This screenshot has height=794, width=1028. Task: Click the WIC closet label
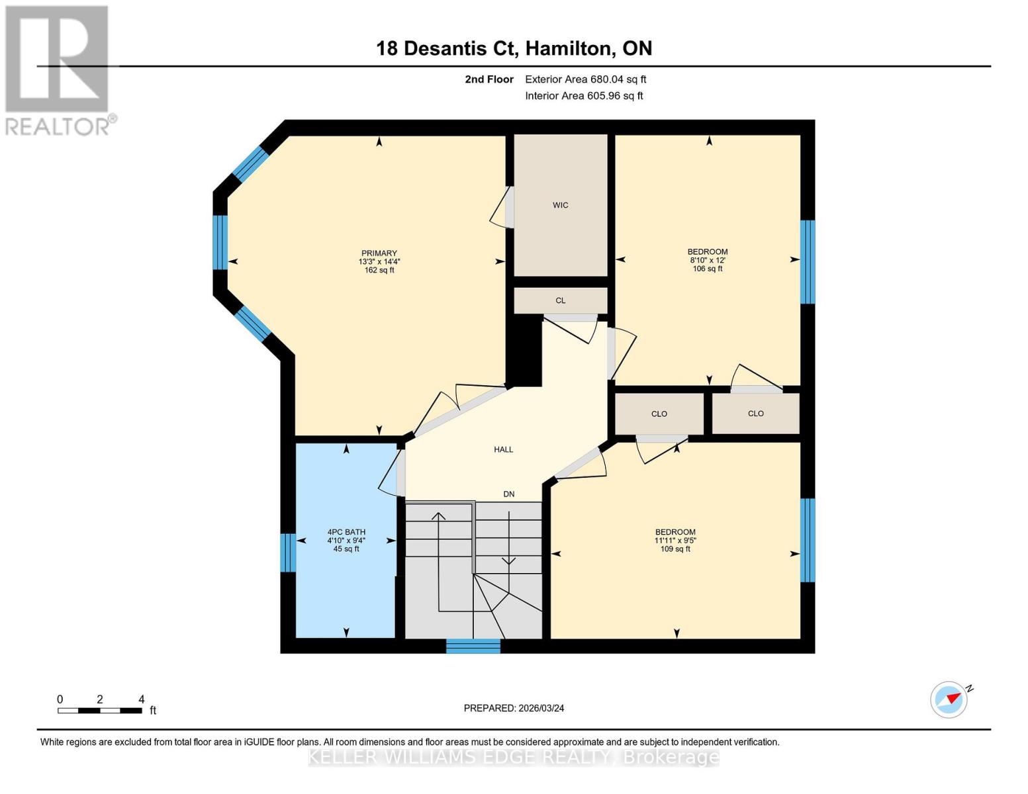(561, 205)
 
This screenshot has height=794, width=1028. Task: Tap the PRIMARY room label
(379, 253)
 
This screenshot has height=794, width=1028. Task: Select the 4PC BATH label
(346, 532)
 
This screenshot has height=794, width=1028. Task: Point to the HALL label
(504, 450)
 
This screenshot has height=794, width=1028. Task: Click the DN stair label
(509, 494)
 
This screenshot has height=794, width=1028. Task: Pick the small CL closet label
(561, 300)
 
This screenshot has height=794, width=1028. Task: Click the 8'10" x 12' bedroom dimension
(708, 261)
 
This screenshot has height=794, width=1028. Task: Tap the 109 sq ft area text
(675, 549)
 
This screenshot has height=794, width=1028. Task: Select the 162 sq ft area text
(379, 270)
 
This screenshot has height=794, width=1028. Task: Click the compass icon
(949, 699)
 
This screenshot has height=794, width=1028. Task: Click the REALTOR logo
(58, 69)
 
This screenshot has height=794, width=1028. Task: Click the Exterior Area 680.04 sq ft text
(585, 79)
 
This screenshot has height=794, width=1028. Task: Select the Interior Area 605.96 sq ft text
(584, 96)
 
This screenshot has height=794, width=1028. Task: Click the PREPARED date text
(514, 708)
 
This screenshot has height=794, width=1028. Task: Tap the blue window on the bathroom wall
(288, 552)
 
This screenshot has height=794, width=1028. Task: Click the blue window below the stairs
(473, 646)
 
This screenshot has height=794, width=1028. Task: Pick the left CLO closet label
(659, 414)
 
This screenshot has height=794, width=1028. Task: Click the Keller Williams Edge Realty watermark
(514, 757)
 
